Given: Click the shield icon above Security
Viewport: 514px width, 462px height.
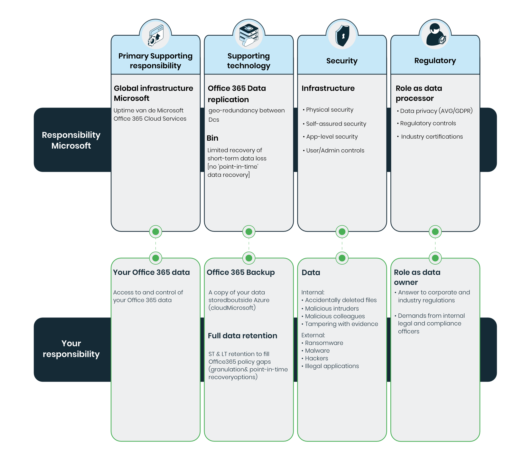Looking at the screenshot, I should pos(342,35).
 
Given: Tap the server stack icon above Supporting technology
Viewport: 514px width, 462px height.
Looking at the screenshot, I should pos(249,35).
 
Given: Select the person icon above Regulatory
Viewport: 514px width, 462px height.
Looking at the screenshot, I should pos(435,35).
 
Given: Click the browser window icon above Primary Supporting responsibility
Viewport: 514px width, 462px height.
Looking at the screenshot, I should pos(155,36).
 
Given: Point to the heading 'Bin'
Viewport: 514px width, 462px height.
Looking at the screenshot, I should pos(213,138).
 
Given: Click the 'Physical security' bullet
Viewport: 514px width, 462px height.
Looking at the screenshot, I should pos(329,110).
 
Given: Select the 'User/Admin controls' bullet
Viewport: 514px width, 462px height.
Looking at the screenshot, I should pos(335,150).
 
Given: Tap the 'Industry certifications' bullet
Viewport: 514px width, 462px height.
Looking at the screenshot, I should pos(432,137).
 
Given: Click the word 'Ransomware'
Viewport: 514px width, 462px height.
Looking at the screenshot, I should pos(324,343).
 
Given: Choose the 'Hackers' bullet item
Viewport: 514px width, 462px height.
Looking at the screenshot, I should pos(316,358).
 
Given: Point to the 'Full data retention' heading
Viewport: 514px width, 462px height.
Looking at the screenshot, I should pos(242,336).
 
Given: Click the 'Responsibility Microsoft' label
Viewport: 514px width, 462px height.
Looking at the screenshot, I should pos(71,140).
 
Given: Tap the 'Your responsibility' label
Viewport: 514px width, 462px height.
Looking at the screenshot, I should pos(71,349).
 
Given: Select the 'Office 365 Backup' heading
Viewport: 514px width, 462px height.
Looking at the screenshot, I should pos(241,272).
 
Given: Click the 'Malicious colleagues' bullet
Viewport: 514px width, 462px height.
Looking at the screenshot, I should pos(335,316).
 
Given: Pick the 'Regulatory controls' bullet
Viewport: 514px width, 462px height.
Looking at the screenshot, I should pos(428,123).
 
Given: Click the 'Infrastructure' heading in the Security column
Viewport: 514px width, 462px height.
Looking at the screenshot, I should pos(328,88).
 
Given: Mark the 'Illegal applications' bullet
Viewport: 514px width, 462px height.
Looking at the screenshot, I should pos(332,366).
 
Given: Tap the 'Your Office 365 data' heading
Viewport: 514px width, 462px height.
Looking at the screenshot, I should pos(151,272).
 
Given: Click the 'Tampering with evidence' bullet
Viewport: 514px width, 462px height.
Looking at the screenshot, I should pos(341,324).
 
